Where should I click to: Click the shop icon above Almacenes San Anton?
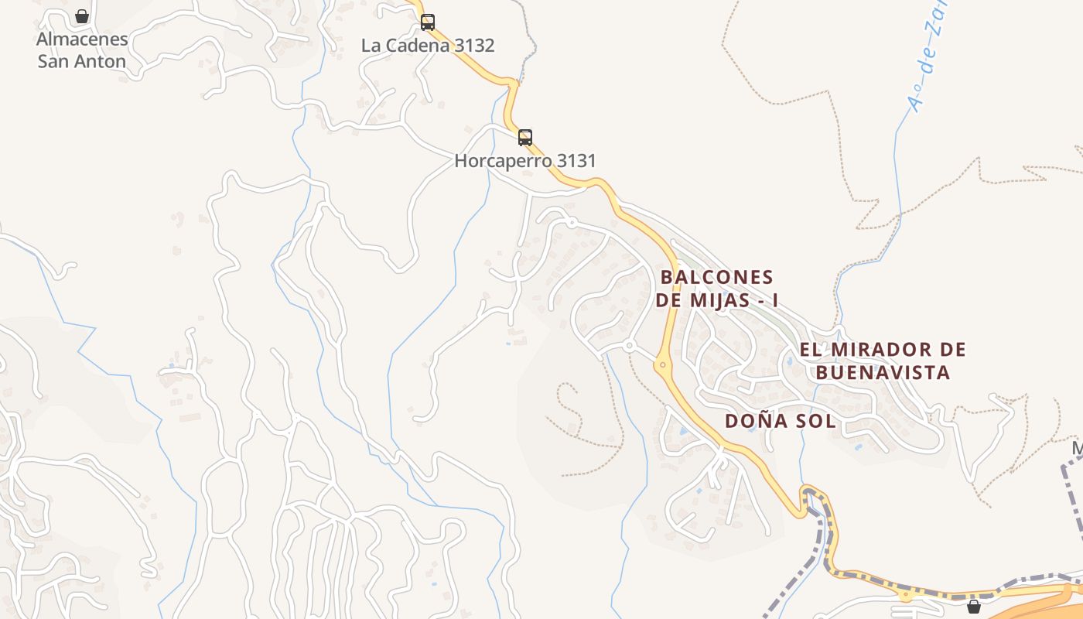82,16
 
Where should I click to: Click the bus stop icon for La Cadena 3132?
428,22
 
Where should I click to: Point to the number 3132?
474,46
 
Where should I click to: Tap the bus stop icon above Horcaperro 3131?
525,138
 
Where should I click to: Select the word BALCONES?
717,277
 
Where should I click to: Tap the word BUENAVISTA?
883,373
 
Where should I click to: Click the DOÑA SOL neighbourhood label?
781,422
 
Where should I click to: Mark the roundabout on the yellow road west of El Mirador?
662,364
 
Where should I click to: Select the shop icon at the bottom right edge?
974,607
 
